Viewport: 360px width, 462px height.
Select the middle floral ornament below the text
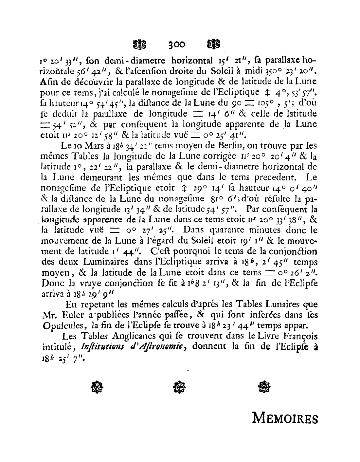click(178, 387)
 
